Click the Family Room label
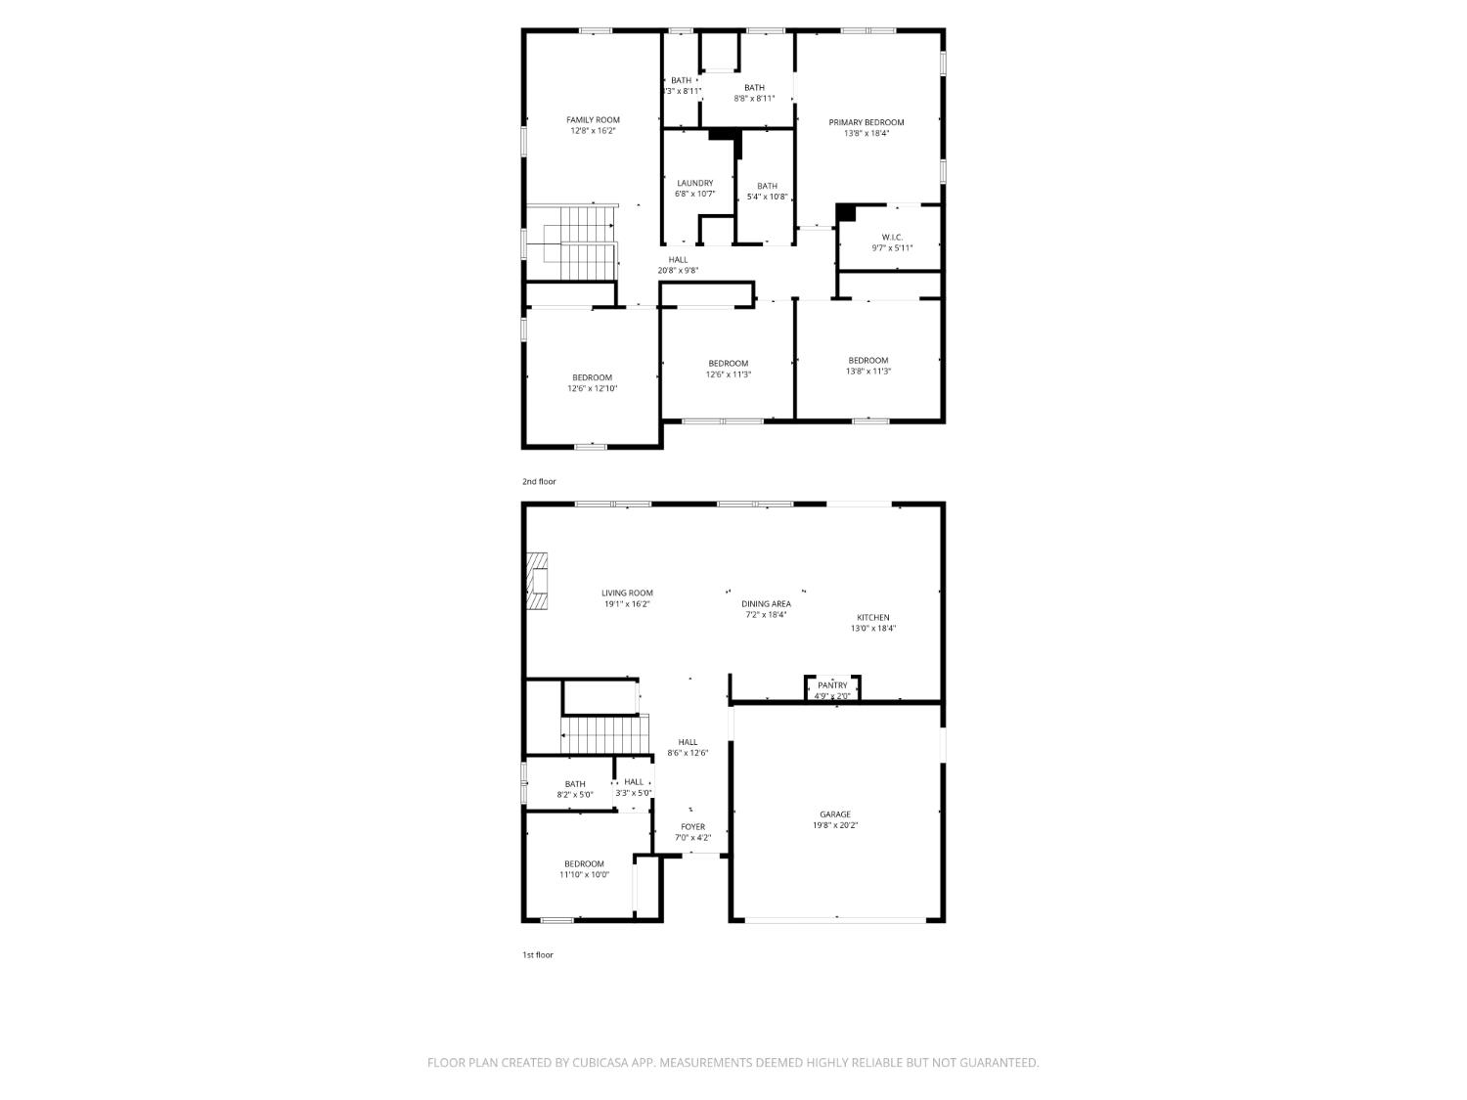point(593,120)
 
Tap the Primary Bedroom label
point(866,122)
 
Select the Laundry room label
point(694,183)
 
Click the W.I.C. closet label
point(892,237)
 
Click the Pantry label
point(832,685)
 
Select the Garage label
point(834,814)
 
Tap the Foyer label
point(692,827)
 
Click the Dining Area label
point(766,604)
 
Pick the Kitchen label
point(872,618)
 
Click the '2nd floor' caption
point(539,482)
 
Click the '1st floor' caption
point(537,955)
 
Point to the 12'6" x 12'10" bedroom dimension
point(592,389)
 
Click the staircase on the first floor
point(604,734)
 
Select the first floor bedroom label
point(584,864)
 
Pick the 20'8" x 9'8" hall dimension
point(678,271)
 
